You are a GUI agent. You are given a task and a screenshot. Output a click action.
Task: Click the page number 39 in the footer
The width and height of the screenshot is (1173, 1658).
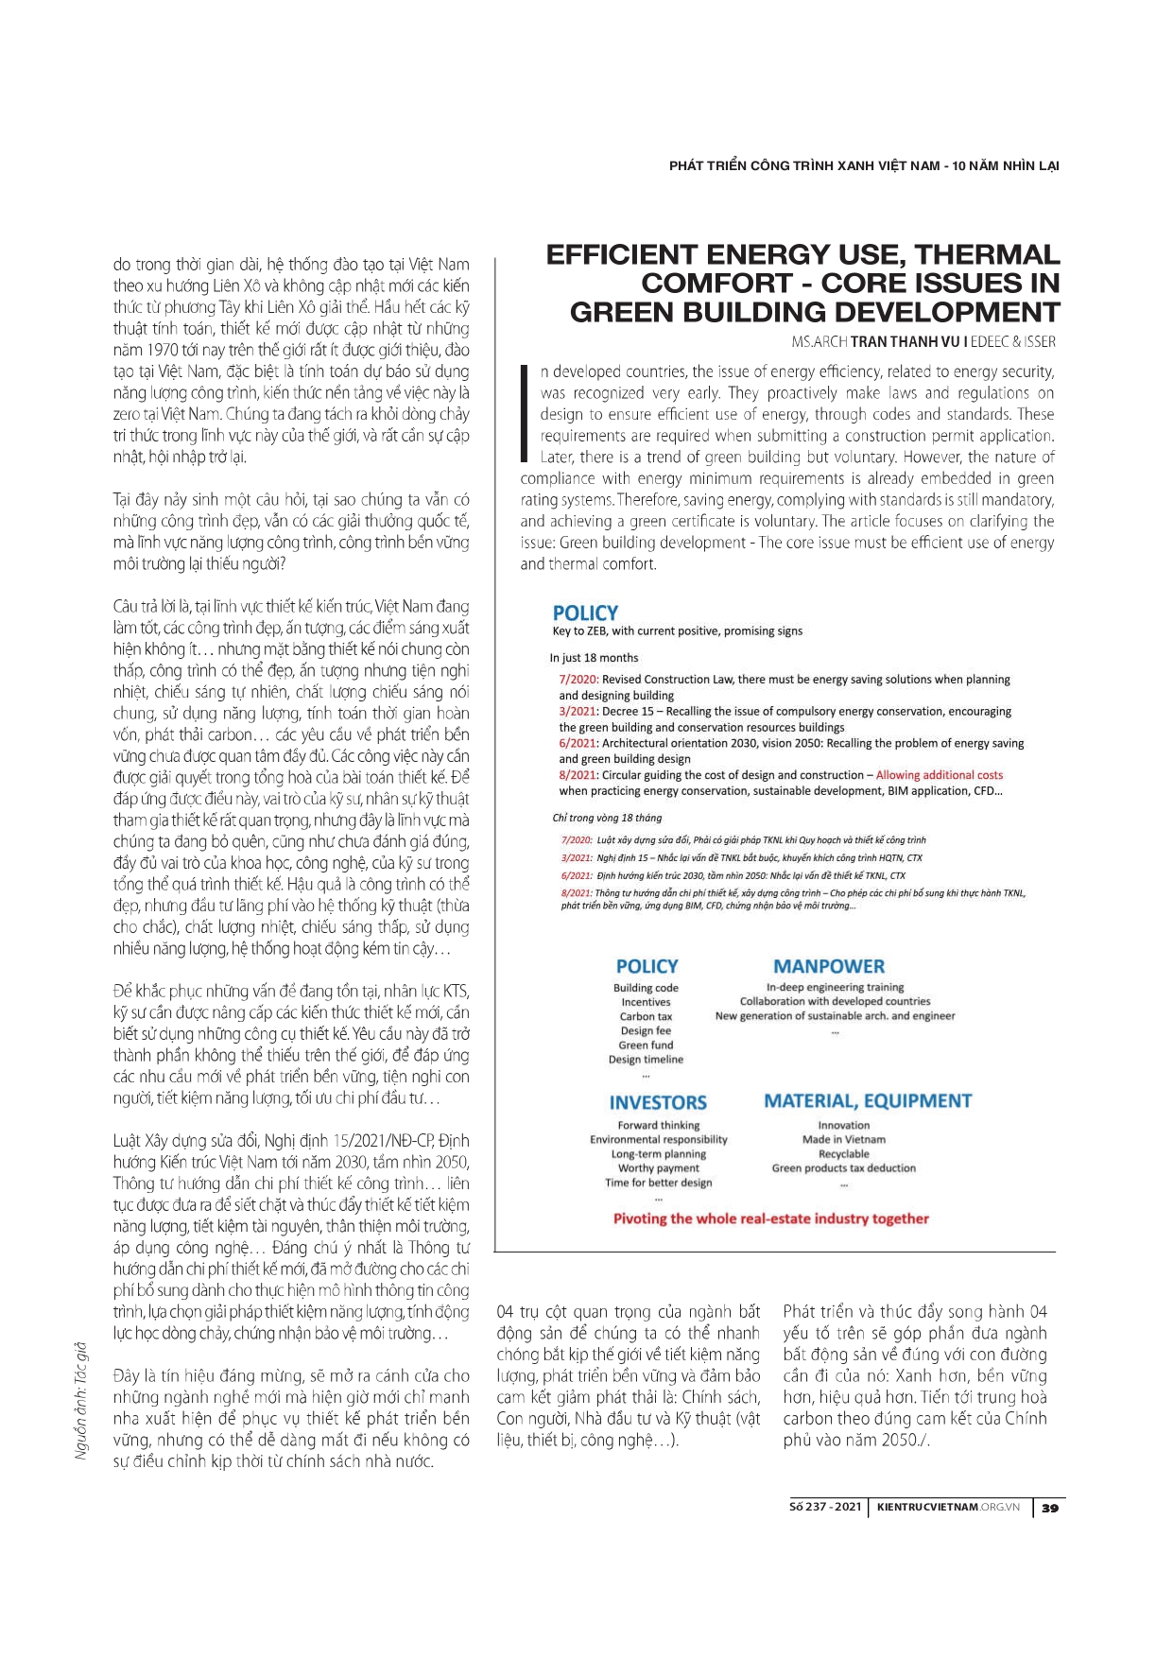(1049, 1508)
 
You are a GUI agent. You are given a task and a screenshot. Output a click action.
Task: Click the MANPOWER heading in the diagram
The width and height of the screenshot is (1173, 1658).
(829, 966)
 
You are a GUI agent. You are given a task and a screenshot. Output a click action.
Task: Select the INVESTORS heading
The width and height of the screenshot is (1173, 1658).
(658, 1103)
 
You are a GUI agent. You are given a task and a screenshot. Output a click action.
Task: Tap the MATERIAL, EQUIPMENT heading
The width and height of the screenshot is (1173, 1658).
(868, 1101)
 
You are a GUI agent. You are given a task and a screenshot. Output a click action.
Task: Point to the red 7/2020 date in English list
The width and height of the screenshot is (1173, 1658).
(578, 680)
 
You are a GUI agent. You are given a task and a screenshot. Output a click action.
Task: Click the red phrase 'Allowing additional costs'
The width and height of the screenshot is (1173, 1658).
(940, 775)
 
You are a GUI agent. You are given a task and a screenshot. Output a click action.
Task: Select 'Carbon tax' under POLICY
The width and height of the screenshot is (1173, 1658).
(646, 1016)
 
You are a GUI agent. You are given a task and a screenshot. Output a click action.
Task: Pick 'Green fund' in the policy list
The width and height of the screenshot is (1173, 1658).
(646, 1045)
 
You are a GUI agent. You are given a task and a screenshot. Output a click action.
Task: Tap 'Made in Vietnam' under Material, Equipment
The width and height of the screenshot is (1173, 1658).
(844, 1140)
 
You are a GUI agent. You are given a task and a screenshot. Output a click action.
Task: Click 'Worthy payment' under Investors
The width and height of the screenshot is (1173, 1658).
(659, 1168)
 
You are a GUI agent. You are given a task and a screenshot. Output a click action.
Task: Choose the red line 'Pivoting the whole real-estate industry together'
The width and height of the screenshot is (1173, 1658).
(771, 1218)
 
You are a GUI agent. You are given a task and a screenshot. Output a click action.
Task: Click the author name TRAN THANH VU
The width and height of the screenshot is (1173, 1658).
(906, 342)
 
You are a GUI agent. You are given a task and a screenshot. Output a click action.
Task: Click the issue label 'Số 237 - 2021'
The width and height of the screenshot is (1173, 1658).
(825, 1507)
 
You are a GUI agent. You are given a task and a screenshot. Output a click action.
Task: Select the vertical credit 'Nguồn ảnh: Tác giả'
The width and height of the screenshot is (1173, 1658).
(81, 1400)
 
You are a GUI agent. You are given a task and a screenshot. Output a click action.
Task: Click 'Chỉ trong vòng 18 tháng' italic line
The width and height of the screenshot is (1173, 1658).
(607, 818)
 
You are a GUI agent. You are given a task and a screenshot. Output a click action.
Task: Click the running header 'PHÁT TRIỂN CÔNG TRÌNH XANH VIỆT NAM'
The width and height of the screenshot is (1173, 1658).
(804, 166)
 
